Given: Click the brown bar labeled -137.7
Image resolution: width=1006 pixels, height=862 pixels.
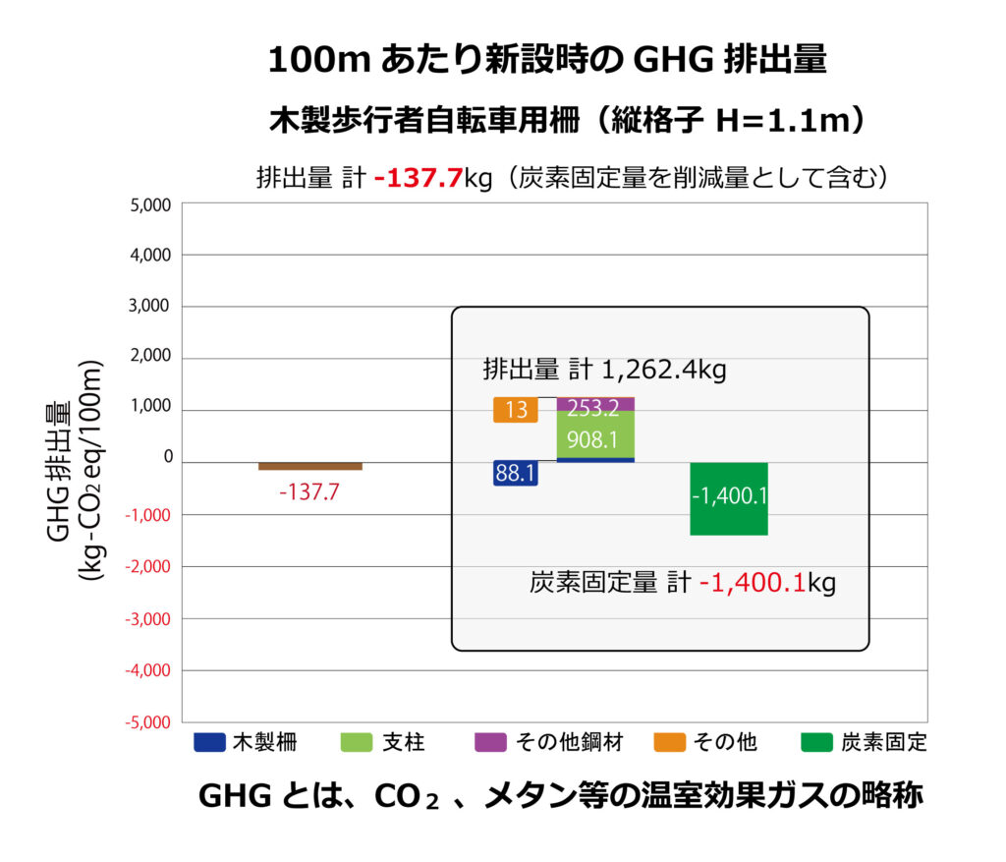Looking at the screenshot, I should [310, 466].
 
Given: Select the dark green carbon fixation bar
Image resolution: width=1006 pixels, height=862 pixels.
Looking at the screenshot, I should [729, 498].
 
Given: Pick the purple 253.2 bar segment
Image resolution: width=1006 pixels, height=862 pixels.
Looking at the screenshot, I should [595, 404].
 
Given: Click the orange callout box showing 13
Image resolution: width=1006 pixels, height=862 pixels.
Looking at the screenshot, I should [515, 410].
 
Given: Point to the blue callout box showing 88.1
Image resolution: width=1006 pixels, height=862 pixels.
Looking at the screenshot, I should [515, 474].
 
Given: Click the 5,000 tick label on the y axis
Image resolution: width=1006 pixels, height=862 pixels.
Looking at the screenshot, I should [150, 204].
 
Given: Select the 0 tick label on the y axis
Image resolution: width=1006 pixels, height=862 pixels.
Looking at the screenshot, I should [168, 457].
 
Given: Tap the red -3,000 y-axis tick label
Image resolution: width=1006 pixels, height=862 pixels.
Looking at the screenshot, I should [148, 619].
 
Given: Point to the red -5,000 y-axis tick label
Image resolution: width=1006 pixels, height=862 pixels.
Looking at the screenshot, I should [148, 722].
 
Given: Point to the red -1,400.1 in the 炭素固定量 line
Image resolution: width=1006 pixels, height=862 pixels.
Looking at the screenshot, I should [752, 583].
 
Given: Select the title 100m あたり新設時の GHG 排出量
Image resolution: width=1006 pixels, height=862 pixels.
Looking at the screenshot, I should [547, 61].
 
